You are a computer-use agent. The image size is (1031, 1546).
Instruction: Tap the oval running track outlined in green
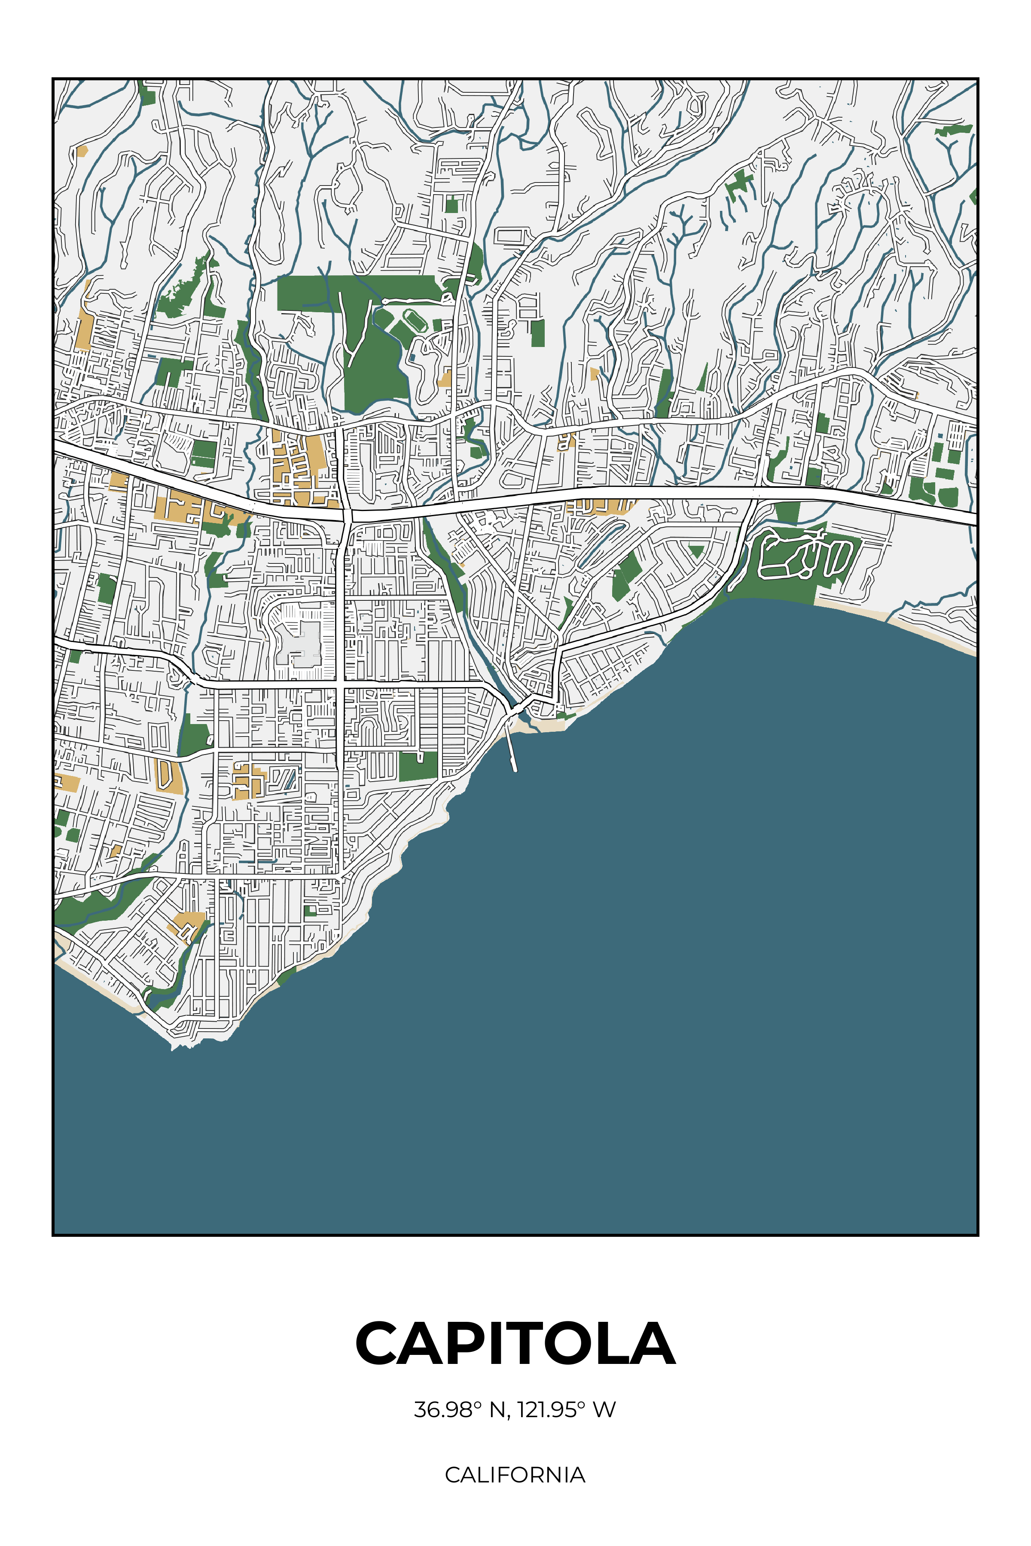coord(414,321)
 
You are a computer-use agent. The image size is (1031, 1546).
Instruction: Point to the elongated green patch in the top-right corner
coord(953,130)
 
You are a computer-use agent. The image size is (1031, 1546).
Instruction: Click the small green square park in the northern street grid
coord(451,205)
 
